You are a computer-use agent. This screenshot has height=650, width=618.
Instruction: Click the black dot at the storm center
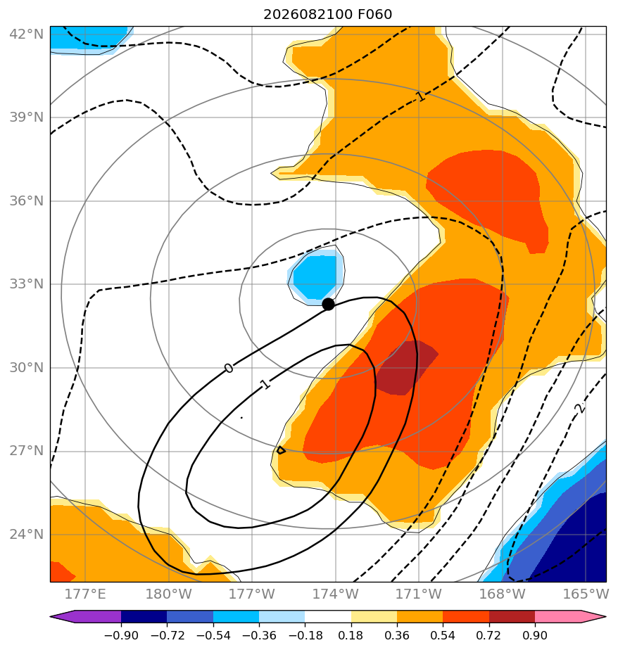point(328,305)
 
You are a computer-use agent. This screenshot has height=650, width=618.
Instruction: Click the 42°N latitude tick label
point(27,34)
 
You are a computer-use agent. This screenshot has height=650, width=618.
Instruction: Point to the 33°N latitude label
point(27,284)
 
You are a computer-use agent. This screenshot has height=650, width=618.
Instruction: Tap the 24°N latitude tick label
point(27,535)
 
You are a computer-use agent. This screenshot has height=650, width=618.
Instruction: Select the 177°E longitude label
point(85,594)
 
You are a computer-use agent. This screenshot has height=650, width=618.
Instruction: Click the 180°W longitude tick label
point(168,594)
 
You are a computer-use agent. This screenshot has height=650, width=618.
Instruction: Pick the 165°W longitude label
point(586,594)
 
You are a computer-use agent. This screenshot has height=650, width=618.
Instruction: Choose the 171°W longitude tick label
point(419,594)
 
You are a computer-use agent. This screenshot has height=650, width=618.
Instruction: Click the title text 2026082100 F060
point(328,15)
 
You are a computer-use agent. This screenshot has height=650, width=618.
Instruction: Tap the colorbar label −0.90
point(120,635)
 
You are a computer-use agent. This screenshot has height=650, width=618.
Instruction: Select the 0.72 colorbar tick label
point(489,635)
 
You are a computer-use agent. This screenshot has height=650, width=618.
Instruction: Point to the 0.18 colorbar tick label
point(351,635)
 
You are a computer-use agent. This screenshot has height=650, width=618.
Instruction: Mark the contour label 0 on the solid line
point(229,368)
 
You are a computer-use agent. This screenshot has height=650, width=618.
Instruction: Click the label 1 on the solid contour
point(265,384)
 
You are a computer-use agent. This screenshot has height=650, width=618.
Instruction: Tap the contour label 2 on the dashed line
point(580,408)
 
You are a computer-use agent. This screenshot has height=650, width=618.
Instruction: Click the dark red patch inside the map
point(405,367)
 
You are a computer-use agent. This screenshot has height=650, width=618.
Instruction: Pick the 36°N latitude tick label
point(27,200)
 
